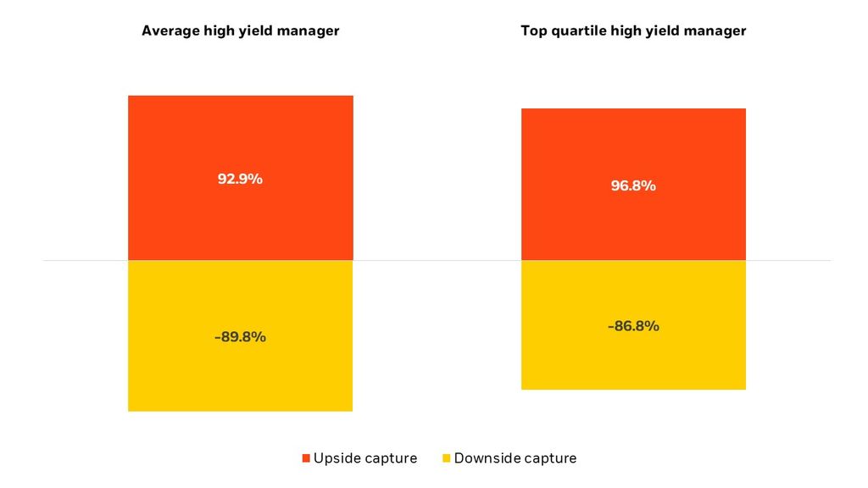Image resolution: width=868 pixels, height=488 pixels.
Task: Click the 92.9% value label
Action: click(x=241, y=179)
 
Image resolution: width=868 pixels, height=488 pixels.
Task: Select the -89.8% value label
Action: click(x=241, y=336)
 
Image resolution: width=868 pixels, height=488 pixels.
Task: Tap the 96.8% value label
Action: click(x=633, y=186)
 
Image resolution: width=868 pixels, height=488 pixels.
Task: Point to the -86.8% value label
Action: click(x=633, y=325)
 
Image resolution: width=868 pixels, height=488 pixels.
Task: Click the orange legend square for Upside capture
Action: click(x=306, y=458)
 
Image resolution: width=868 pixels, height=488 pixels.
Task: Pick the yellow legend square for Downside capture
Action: click(x=446, y=458)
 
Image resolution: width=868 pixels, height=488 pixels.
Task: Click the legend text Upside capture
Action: click(x=365, y=458)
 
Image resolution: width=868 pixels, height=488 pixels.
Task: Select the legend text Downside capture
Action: click(x=515, y=458)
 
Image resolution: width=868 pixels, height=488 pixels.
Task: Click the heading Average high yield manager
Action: click(x=241, y=30)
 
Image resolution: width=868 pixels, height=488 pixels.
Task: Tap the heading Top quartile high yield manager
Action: click(x=633, y=30)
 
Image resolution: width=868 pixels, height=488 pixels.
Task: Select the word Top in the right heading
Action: click(x=532, y=30)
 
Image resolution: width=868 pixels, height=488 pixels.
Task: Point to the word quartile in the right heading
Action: click(x=573, y=30)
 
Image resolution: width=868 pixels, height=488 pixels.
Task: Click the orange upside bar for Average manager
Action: click(x=241, y=136)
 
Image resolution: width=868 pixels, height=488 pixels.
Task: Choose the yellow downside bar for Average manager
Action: click(x=241, y=381)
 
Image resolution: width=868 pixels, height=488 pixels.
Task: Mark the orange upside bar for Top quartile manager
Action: click(x=633, y=144)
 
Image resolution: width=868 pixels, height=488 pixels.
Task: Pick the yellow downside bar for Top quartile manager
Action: click(x=633, y=364)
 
